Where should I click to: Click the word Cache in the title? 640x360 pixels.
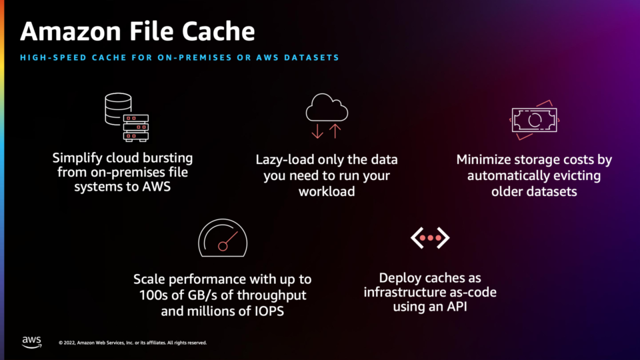click(219, 31)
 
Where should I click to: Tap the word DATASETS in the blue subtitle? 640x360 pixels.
click(312, 57)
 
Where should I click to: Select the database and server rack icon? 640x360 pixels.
click(127, 117)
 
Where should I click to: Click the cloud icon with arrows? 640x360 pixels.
click(327, 116)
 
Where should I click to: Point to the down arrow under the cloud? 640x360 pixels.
click(317, 131)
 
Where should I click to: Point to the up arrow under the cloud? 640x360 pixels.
click(335, 131)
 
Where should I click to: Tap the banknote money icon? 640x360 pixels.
click(534, 120)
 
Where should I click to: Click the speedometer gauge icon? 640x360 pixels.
click(223, 238)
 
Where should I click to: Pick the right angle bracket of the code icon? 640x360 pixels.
click(443, 238)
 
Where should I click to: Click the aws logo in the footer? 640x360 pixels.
click(32, 342)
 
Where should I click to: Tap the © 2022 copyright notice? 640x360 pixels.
click(133, 343)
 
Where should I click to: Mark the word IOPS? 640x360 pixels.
click(269, 311)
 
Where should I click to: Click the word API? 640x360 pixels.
click(457, 307)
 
